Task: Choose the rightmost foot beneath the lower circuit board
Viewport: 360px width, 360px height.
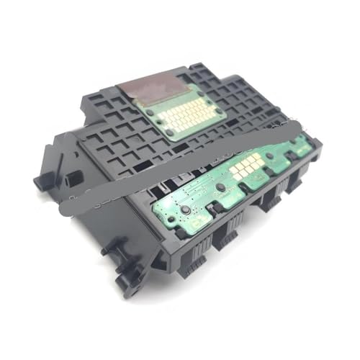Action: click(x=293, y=184)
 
